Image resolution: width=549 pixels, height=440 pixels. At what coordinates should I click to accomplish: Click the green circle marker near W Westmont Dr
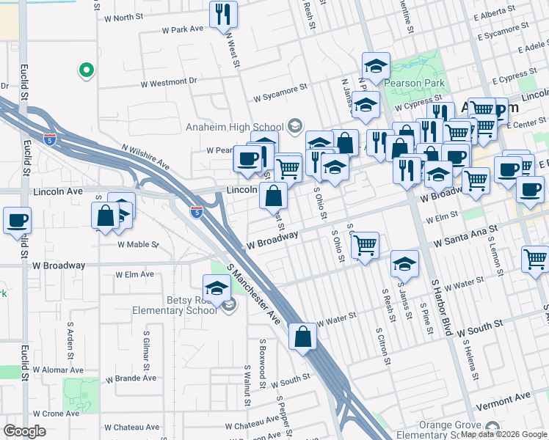[86, 70]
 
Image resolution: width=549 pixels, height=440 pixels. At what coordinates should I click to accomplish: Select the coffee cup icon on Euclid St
[17, 220]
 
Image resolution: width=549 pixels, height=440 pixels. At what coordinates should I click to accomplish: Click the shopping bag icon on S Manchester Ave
[302, 337]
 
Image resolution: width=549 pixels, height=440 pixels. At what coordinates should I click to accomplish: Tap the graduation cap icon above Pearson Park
[376, 66]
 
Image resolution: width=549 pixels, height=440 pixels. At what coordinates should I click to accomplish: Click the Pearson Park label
[416, 83]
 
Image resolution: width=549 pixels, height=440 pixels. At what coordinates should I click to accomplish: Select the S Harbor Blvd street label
[439, 307]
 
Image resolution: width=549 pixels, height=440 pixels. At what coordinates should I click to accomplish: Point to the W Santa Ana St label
[465, 235]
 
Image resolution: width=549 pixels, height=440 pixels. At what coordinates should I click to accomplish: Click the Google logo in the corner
[25, 431]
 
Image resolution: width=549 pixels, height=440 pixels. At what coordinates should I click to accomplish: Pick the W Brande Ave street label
[131, 379]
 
